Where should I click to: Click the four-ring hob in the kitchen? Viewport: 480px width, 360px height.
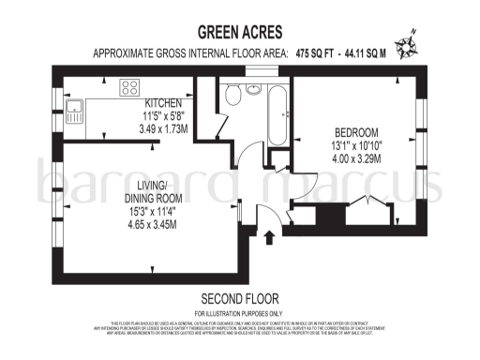129,91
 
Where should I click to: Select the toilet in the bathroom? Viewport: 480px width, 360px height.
232,94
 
